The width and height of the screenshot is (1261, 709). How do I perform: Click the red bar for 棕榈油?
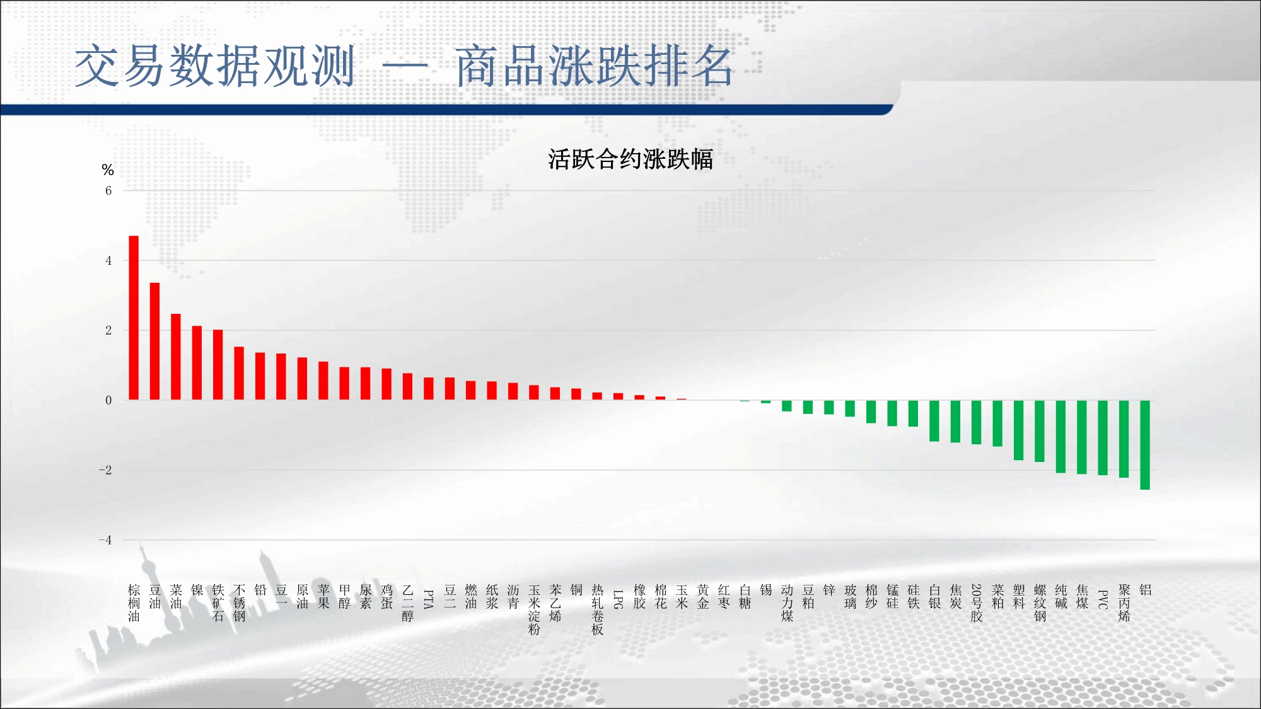[x=134, y=318]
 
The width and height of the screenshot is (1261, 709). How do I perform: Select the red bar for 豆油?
[x=154, y=341]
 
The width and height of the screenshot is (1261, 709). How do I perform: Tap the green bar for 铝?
[x=1145, y=445]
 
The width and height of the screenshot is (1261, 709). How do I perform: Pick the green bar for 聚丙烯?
[x=1124, y=439]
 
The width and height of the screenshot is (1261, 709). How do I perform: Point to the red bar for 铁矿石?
[x=218, y=365]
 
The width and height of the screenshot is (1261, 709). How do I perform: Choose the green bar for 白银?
[x=934, y=421]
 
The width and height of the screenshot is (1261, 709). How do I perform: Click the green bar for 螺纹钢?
[x=1040, y=431]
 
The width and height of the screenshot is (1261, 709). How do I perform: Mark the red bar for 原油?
[x=302, y=379]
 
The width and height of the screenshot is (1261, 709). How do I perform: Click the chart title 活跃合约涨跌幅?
[x=630, y=159]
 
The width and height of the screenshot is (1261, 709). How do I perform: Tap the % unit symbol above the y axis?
[x=108, y=170]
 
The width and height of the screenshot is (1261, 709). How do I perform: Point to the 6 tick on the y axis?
[x=108, y=191]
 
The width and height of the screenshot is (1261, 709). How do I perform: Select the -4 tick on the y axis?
[x=105, y=540]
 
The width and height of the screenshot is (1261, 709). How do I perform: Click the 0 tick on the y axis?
[x=108, y=400]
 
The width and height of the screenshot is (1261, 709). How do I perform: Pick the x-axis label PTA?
[x=429, y=599]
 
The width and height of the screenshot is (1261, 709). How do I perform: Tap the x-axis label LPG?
[x=619, y=599]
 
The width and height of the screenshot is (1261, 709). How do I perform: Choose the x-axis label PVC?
[x=1103, y=599]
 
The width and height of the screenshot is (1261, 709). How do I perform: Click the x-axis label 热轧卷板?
[x=597, y=609]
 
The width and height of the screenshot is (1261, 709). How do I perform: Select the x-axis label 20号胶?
[x=977, y=603]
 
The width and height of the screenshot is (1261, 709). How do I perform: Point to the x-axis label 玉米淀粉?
[x=534, y=609]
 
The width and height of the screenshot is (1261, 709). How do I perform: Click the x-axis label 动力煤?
[x=787, y=603]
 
